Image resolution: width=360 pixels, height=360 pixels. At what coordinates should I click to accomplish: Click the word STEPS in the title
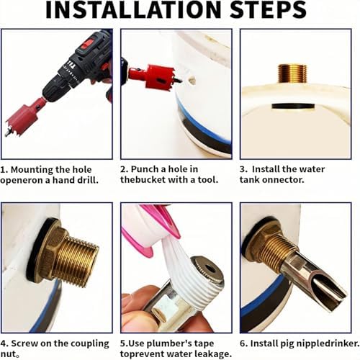(268, 9)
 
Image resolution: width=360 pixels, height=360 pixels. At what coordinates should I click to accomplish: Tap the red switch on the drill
(87, 44)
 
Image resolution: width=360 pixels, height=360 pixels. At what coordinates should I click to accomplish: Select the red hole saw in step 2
(156, 77)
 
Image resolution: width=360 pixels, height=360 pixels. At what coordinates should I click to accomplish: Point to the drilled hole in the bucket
(192, 81)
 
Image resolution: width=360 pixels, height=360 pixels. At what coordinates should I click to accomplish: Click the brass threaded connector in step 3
(292, 73)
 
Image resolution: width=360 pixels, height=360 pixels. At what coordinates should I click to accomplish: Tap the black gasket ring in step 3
(293, 106)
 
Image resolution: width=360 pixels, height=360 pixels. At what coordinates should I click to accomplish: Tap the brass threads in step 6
(276, 251)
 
